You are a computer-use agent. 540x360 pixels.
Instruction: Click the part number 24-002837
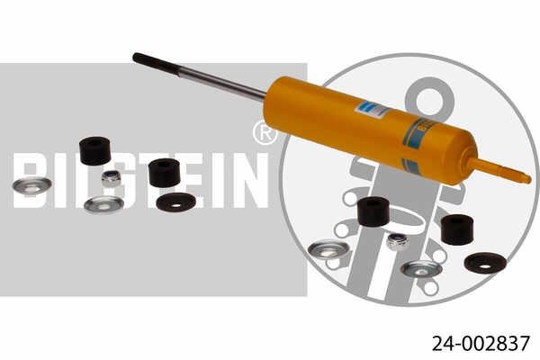coord(481,343)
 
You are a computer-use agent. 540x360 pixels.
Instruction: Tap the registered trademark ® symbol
coord(265,133)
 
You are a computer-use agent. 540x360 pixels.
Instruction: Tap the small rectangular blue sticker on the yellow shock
coord(372,110)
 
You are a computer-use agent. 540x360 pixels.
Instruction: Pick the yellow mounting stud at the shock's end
coord(500,170)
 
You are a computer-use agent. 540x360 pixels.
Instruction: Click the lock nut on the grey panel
coord(112,177)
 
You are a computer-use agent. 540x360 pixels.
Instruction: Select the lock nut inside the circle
coord(397,240)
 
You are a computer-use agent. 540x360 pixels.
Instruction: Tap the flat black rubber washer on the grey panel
coord(175,202)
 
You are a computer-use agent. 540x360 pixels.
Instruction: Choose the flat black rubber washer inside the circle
coord(484,262)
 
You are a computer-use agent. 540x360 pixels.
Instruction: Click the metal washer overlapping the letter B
coord(31,185)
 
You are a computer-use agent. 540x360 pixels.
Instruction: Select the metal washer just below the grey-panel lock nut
coord(103,204)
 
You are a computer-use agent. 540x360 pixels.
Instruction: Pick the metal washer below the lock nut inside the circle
coord(420,268)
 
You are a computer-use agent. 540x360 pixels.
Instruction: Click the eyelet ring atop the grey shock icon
coord(432,95)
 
